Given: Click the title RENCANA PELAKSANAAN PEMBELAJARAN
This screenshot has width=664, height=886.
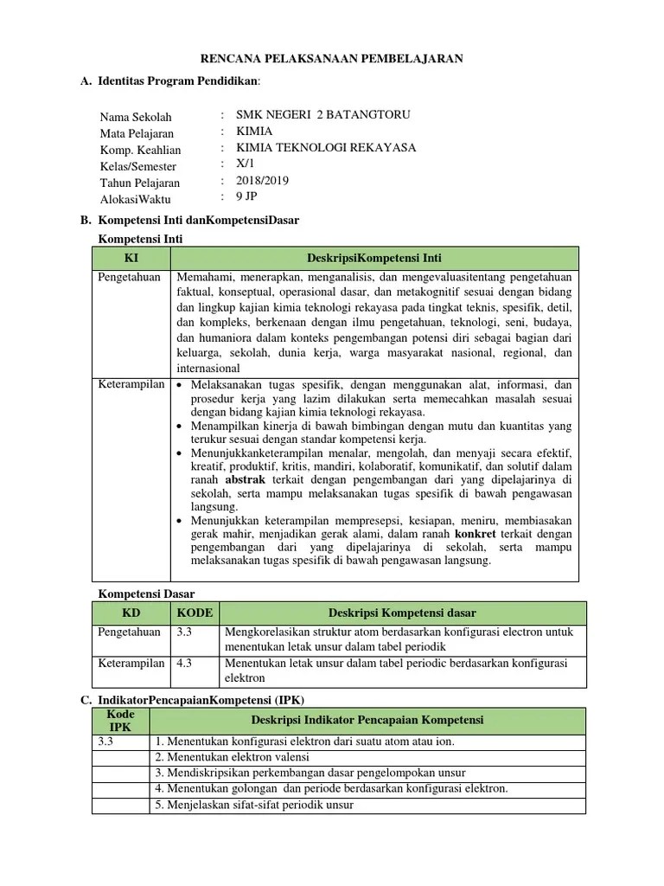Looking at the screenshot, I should (x=332, y=59).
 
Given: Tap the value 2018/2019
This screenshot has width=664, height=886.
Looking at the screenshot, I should (x=263, y=181).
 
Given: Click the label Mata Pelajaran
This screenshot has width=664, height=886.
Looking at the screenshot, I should (x=137, y=133).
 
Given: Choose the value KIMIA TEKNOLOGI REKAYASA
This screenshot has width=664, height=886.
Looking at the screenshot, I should (x=326, y=148).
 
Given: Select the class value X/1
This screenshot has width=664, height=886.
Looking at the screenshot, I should (x=246, y=164).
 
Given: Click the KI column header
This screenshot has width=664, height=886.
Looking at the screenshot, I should (x=131, y=258).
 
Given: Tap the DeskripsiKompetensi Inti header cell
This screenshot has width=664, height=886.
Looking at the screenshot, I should (x=374, y=258).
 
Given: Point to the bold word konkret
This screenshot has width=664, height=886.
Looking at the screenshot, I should (x=475, y=535).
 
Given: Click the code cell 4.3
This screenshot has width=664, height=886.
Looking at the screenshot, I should (x=184, y=664).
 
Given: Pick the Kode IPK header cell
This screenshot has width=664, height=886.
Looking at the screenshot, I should (x=120, y=721).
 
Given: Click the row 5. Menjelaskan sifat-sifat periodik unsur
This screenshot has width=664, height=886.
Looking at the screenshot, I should (x=254, y=805).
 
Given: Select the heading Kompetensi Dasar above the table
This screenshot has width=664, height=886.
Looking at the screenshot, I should (x=147, y=594).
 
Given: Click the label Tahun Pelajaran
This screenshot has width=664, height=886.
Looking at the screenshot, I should (x=140, y=183).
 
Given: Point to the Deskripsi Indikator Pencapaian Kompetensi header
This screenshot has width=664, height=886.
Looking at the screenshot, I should (x=367, y=721).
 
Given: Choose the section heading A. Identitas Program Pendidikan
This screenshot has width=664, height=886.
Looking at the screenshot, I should (x=169, y=82).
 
